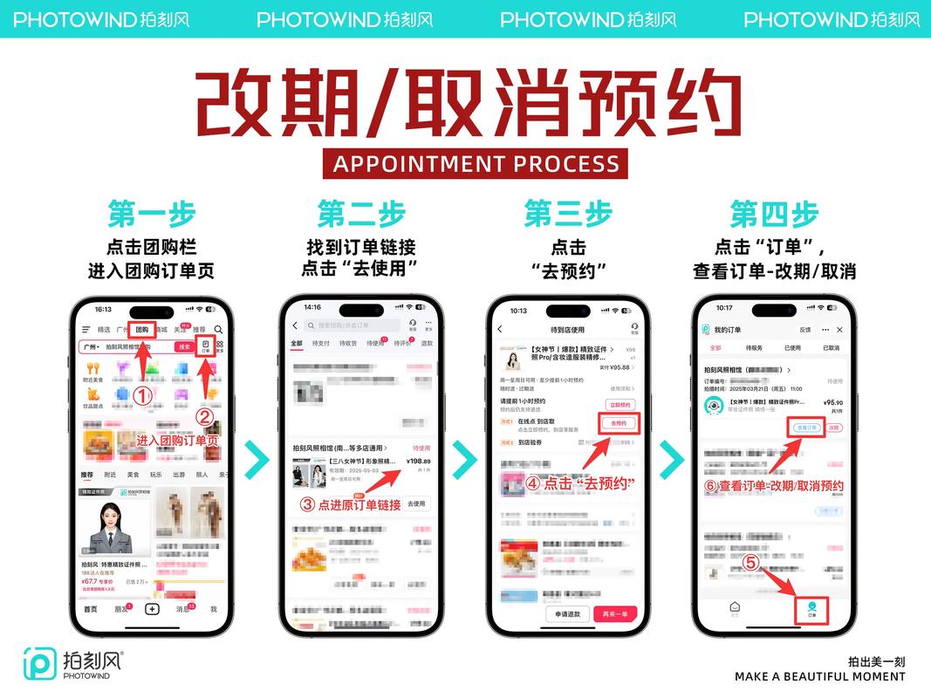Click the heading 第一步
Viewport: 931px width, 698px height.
tap(151, 214)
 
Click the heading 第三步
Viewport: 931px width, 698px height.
tap(567, 214)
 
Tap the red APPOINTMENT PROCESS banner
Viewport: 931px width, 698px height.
tap(476, 163)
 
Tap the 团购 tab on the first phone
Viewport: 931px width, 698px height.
tap(142, 330)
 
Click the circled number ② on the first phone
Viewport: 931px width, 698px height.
tap(204, 417)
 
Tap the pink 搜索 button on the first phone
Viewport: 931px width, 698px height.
tap(184, 346)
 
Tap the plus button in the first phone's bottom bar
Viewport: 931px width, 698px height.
tap(152, 609)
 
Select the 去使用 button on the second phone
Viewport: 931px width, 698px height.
tap(417, 503)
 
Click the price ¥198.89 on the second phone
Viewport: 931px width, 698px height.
tap(418, 461)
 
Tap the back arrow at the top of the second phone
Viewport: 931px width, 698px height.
tap(295, 325)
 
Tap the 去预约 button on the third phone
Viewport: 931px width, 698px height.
tap(618, 423)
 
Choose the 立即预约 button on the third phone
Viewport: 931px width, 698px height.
tap(619, 405)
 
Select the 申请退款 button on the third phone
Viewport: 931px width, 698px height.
tap(567, 614)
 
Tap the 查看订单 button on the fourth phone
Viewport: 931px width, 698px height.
tap(806, 428)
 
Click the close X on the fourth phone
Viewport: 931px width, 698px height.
tap(839, 330)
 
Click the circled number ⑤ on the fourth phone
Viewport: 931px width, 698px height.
tap(750, 563)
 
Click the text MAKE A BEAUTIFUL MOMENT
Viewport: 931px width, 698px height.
tap(819, 676)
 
